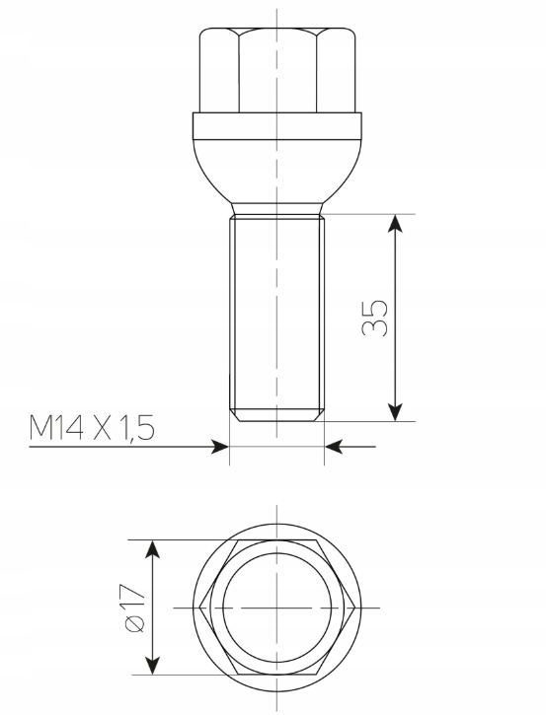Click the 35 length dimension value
click(x=375, y=317)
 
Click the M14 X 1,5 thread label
click(x=93, y=427)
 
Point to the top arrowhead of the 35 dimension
click(x=396, y=222)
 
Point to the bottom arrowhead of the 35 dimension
click(x=396, y=411)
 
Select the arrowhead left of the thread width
click(x=221, y=447)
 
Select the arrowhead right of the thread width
click(x=333, y=447)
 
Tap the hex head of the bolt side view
click(x=277, y=71)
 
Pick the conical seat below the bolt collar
click(x=277, y=178)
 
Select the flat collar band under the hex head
click(x=277, y=126)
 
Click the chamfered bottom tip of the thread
click(x=277, y=415)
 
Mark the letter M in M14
click(x=43, y=427)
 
